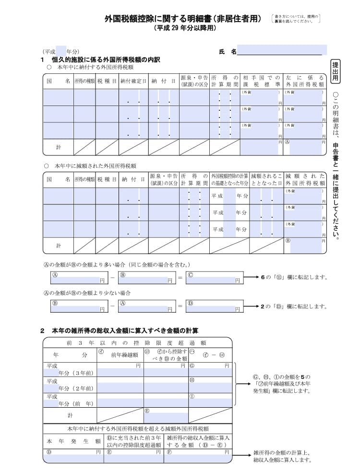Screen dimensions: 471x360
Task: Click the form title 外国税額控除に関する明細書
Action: [x=183, y=19]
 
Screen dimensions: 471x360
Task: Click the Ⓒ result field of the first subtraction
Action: [x=213, y=278]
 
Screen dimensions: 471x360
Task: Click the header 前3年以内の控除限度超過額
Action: [x=137, y=342]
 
